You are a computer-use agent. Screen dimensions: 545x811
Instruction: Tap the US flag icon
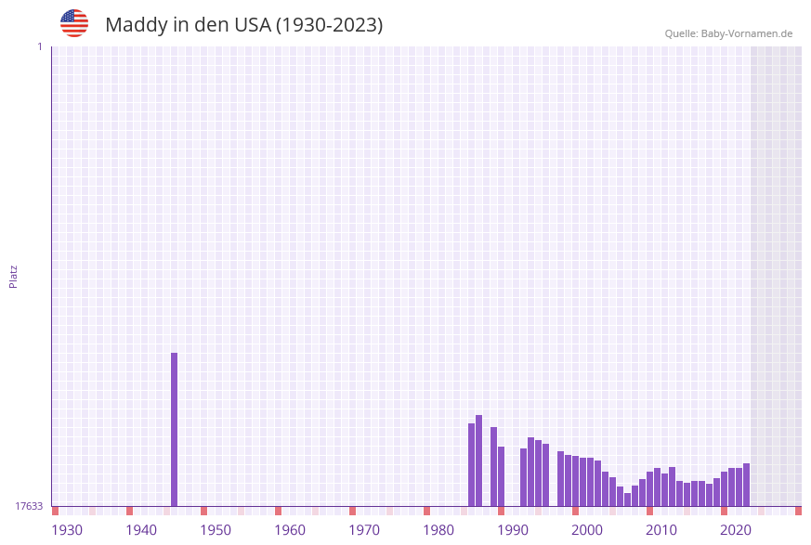pos(74,23)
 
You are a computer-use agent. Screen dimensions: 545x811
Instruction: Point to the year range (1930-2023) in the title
pos(330,25)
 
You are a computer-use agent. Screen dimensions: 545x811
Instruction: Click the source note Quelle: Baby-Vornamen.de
pos(728,33)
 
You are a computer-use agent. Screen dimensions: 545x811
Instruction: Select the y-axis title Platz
pos(14,276)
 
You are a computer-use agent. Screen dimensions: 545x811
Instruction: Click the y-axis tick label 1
pos(39,46)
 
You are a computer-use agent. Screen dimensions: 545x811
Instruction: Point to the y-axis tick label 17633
pos(29,506)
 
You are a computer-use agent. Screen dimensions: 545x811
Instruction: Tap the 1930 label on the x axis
pos(67,530)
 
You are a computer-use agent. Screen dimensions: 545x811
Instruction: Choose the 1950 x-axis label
pos(216,530)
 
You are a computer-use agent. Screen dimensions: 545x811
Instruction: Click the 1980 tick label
pos(438,530)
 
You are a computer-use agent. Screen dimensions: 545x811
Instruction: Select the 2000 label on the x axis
pos(587,530)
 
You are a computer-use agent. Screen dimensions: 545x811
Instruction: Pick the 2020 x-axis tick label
pos(736,530)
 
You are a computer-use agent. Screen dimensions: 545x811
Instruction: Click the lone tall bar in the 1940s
pos(174,429)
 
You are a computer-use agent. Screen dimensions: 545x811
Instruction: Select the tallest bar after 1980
pos(478,461)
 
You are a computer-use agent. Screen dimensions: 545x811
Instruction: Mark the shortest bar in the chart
pos(627,500)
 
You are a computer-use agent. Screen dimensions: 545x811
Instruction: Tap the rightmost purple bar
pos(746,485)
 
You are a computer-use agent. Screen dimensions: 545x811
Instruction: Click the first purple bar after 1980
pos(471,464)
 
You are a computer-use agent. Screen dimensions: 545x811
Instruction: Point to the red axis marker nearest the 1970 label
pos(352,511)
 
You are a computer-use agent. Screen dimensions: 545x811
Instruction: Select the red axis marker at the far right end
pos(798,511)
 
